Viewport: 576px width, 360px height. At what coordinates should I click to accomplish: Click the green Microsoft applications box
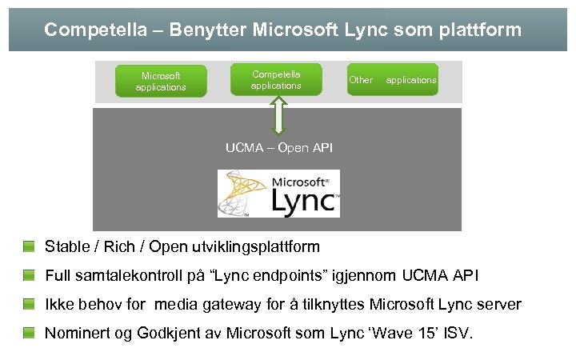(x=161, y=82)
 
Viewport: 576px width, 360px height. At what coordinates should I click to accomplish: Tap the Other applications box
(x=393, y=80)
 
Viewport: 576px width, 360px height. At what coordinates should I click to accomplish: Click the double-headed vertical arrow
(x=278, y=115)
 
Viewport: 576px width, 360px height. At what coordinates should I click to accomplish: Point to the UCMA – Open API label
(x=278, y=148)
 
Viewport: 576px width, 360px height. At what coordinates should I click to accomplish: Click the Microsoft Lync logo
(x=278, y=194)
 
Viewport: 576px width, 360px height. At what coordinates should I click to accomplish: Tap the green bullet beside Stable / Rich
(x=30, y=246)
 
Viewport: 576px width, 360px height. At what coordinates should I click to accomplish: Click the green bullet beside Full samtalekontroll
(x=30, y=275)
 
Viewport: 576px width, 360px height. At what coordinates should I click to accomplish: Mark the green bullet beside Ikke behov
(x=30, y=304)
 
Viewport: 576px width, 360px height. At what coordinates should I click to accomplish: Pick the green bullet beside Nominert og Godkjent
(x=30, y=333)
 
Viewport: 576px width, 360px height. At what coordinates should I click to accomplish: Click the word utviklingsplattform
(x=252, y=246)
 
